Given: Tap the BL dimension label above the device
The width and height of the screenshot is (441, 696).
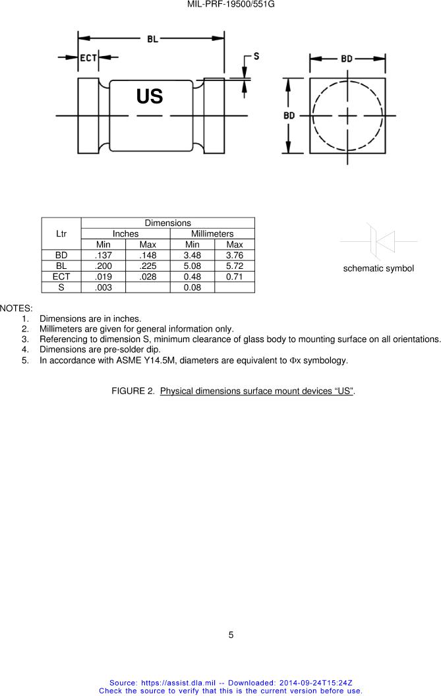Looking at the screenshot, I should (x=152, y=39).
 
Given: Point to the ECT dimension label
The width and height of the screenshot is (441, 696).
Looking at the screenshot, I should (x=88, y=58).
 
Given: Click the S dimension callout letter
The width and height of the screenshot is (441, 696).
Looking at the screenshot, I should (x=256, y=56).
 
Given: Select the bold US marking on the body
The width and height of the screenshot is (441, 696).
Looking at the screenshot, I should (x=150, y=97).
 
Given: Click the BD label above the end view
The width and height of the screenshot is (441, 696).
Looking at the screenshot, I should (x=347, y=59).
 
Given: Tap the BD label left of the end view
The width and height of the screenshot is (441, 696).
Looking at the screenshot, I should (x=289, y=115).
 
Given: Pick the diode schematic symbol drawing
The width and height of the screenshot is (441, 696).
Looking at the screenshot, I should (x=379, y=242).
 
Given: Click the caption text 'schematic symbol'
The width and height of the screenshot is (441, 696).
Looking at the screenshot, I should (x=378, y=268).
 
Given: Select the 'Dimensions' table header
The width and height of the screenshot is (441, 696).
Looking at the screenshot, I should (x=167, y=223).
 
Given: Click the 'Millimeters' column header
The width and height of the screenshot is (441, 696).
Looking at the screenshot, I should (x=212, y=234).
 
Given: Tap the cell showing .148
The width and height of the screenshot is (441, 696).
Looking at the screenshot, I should (x=148, y=255).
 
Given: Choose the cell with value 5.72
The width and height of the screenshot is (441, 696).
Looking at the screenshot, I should (x=234, y=266).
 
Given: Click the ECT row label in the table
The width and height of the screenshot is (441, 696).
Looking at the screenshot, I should (x=61, y=276).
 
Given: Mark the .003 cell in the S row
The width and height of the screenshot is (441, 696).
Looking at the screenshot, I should (x=103, y=287).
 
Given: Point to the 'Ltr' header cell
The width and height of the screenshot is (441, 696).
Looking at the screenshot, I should (x=61, y=234).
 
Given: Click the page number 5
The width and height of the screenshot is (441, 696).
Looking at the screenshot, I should (x=231, y=635).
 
